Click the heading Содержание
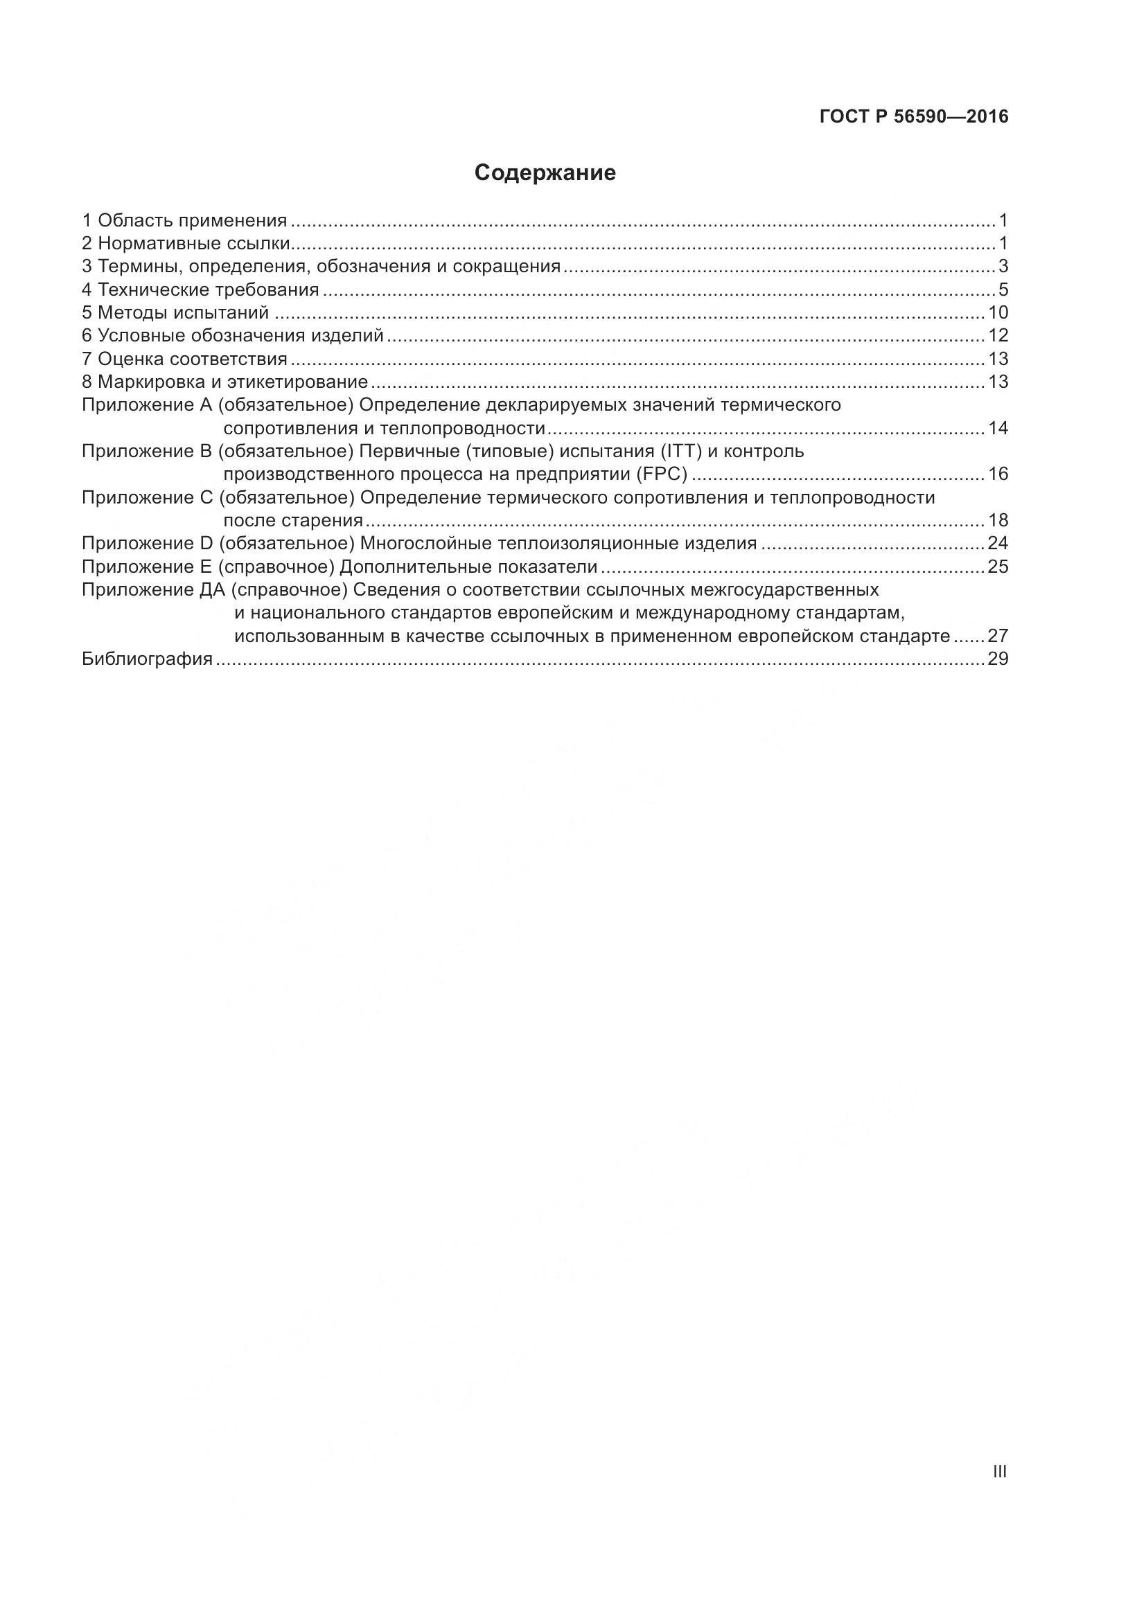pos(545,174)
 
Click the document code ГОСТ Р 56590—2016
pos(914,117)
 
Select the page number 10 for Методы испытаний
pos(998,312)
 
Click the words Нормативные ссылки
pos(193,244)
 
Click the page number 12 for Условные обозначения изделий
pos(998,336)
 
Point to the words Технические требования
pos(208,290)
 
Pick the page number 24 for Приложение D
pos(998,544)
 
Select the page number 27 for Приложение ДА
pos(998,637)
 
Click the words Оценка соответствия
pos(192,359)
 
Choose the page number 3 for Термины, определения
pos(1003,267)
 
